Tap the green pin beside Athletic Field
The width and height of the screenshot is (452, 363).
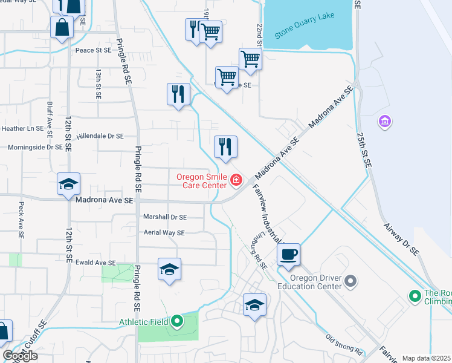pos(176,321)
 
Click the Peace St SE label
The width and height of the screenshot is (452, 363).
pos(93,51)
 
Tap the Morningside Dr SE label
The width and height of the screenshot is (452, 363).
pos(35,147)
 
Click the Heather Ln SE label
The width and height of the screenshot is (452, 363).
pos(23,128)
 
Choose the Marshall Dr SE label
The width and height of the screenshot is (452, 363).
pos(164,217)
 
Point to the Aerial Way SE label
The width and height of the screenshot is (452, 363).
pos(164,232)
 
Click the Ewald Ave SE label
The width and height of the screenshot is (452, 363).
pos(95,263)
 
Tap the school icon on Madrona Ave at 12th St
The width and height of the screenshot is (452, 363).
pos(69,184)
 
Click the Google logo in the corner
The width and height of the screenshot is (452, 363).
pos(20,356)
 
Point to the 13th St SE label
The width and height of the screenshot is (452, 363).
pos(98,83)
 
